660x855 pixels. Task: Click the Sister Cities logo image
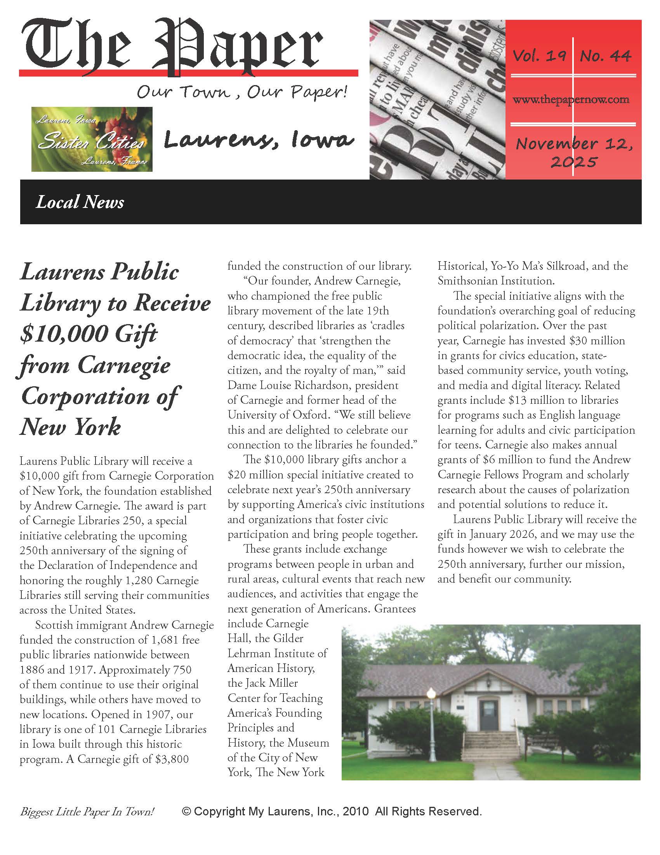point(92,140)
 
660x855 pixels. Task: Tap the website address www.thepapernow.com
point(571,99)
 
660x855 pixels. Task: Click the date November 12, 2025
point(573,152)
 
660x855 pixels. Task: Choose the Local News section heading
point(80,202)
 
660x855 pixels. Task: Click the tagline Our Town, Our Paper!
point(241,92)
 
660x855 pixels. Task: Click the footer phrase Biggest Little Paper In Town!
point(87,812)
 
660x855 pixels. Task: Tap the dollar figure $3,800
point(172,759)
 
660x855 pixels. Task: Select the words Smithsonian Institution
point(495,281)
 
